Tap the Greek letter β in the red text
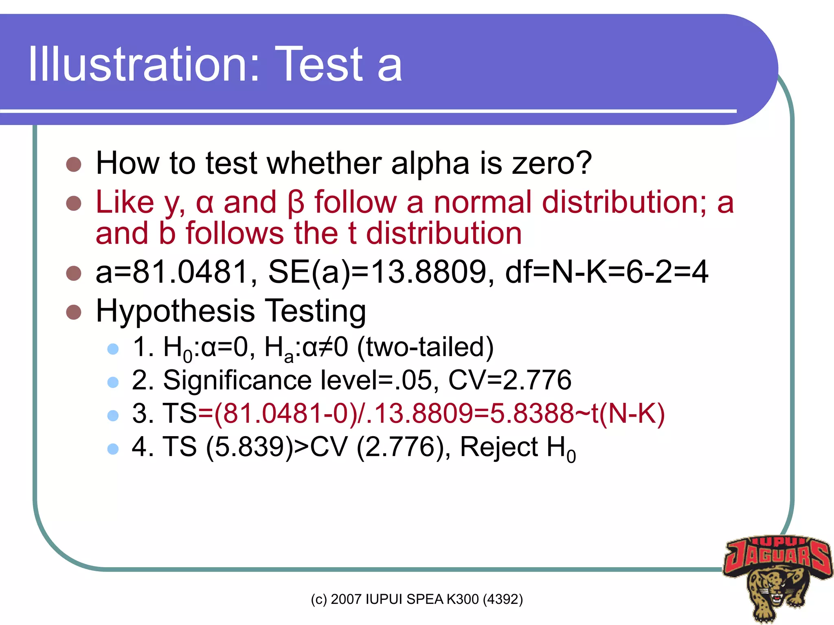click(296, 203)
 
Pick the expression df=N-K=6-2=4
click(606, 272)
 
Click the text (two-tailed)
click(425, 347)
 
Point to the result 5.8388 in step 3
click(532, 413)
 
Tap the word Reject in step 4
click(499, 447)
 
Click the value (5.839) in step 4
click(250, 447)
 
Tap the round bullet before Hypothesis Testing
click(74, 312)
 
